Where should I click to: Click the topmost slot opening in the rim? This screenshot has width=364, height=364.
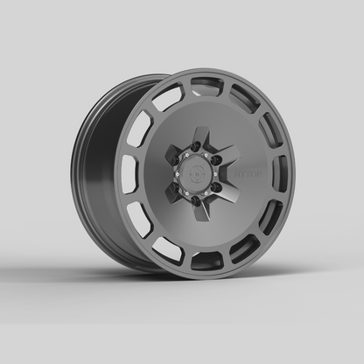(x=206, y=87)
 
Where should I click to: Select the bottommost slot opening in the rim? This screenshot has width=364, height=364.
(x=206, y=258)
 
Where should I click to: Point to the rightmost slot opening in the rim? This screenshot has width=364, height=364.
(x=280, y=172)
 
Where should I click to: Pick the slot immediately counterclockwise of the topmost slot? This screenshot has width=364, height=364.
(x=167, y=97)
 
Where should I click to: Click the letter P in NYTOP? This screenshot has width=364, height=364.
(x=255, y=176)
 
